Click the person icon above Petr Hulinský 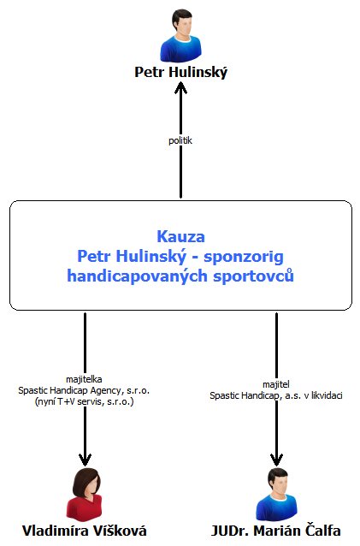180,35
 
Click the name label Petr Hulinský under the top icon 181,72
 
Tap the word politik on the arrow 180,140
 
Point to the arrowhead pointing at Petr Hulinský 180,88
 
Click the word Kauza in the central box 181,236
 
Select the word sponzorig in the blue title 244,257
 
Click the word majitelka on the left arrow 84,379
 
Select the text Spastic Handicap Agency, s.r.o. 84,390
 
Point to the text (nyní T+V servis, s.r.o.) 84,401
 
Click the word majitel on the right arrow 276,384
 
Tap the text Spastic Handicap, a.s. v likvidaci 276,395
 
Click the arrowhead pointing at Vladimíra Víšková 85,460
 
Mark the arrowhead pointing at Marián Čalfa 276,460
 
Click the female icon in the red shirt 85,494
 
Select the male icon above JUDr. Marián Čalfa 276,494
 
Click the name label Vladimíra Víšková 84,531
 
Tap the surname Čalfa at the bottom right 322,531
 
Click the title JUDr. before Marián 230,531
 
